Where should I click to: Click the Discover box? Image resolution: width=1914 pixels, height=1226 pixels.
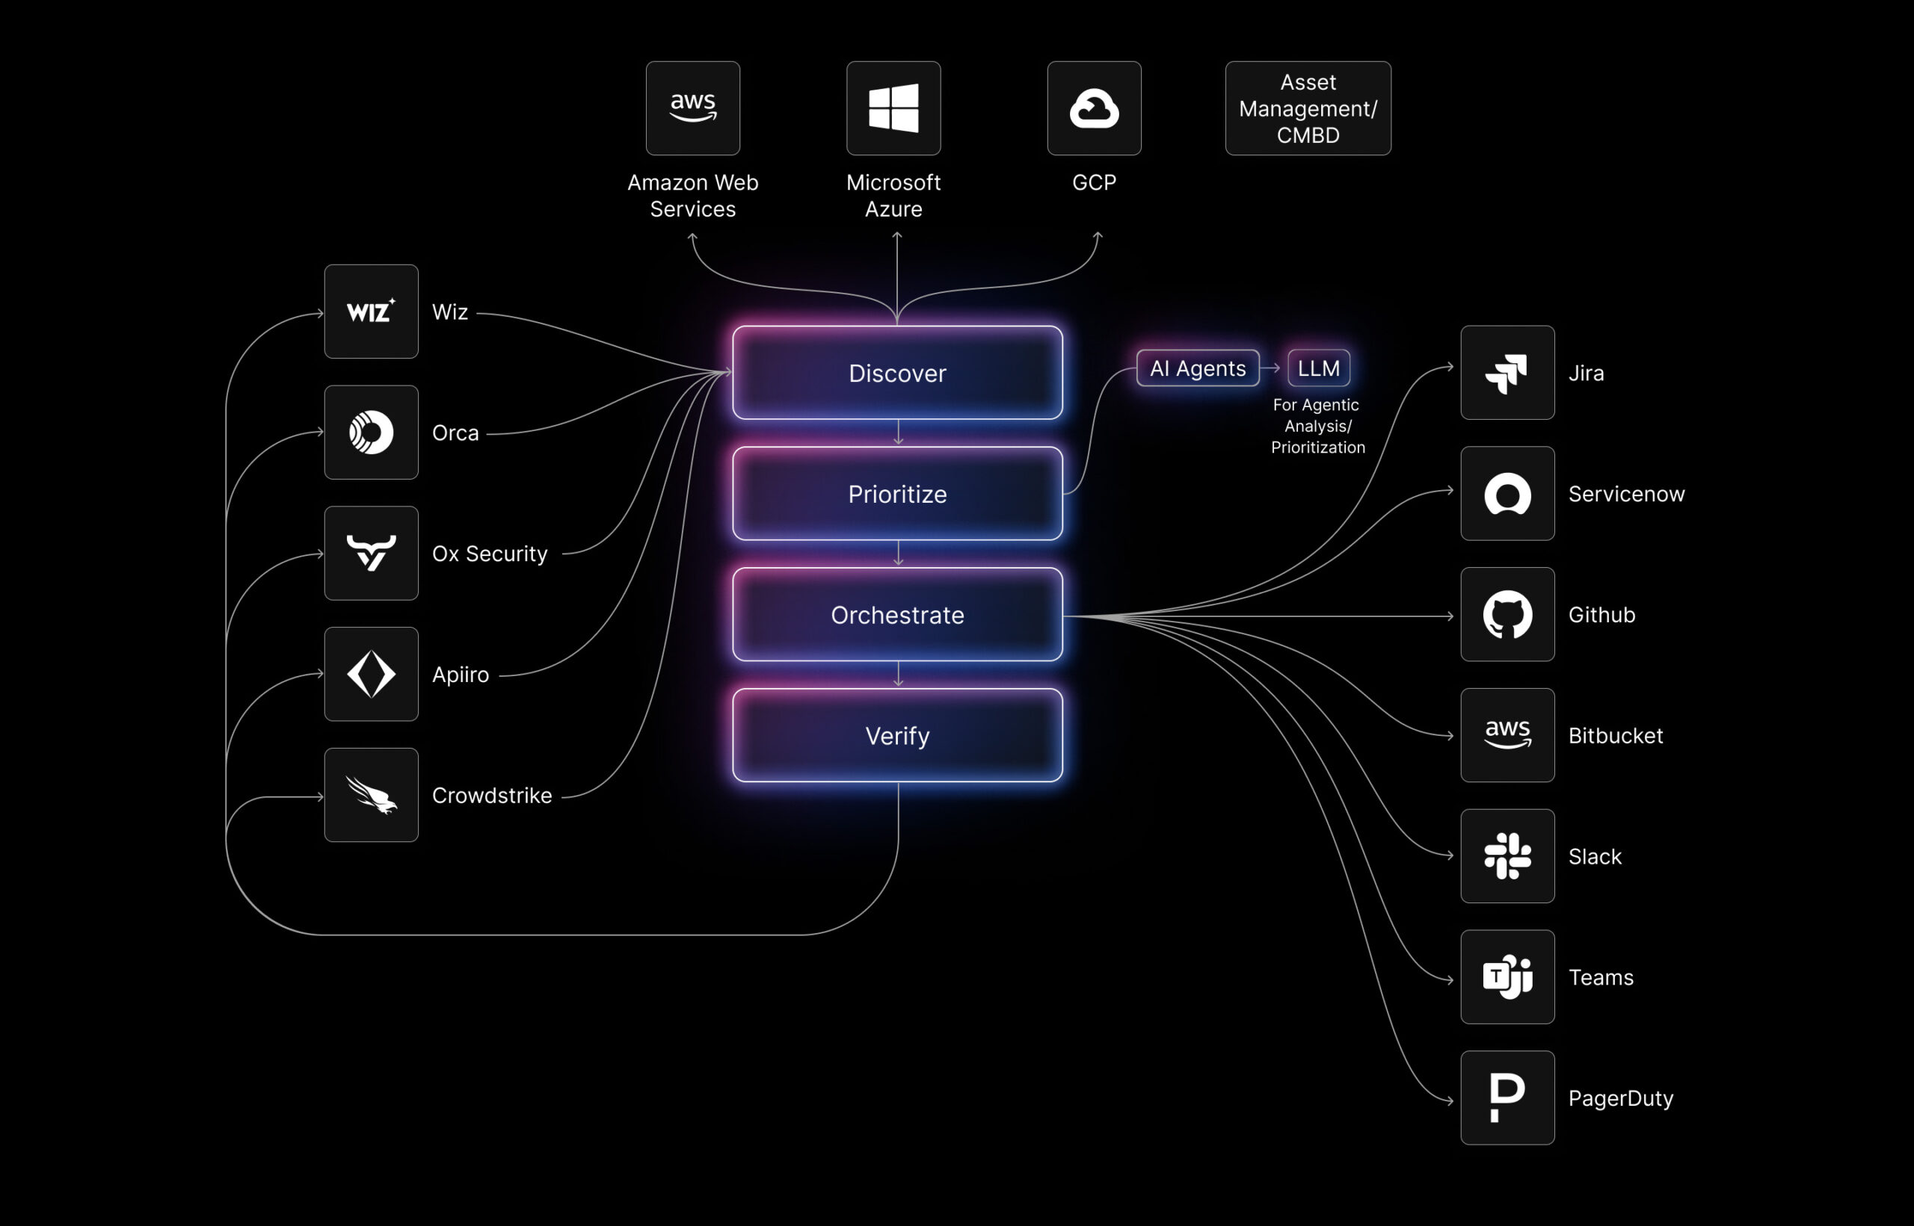click(x=897, y=373)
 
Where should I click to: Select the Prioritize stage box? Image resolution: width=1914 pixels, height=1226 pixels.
click(x=897, y=494)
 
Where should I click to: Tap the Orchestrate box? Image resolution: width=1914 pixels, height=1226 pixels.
click(x=897, y=615)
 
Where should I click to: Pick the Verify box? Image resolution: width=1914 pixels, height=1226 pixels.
click(x=897, y=736)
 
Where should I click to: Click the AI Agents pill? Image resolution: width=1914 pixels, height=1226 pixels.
click(x=1197, y=368)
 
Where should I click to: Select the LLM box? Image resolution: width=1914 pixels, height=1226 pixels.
click(x=1318, y=368)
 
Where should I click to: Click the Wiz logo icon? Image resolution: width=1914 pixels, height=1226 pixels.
click(x=371, y=312)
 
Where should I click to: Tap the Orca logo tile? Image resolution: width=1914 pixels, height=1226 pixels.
click(x=371, y=433)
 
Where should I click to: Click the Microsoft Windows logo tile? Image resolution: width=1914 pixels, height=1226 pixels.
click(x=893, y=108)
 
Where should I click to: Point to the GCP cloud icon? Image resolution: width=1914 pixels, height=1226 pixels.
click(x=1094, y=108)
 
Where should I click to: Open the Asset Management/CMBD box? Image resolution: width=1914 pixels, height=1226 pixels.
click(x=1308, y=108)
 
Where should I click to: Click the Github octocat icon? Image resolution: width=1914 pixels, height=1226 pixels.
click(x=1507, y=615)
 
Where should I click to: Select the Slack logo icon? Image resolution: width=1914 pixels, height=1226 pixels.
click(x=1507, y=856)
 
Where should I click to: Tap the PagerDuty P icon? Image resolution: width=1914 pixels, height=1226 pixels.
click(x=1507, y=1097)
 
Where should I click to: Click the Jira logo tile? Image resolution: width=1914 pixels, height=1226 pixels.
click(x=1507, y=373)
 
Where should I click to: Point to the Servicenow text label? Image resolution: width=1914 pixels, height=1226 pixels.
click(x=1625, y=494)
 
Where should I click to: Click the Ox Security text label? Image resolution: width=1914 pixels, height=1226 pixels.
click(x=489, y=554)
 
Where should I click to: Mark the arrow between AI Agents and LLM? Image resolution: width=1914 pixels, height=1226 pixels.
click(x=1273, y=368)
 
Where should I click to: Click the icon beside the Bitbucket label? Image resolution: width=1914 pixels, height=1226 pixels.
click(x=1507, y=736)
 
